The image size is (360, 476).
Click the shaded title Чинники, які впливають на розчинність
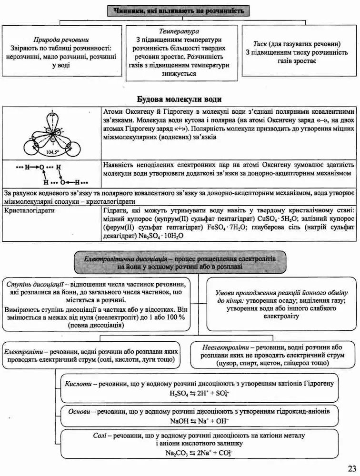179,10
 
